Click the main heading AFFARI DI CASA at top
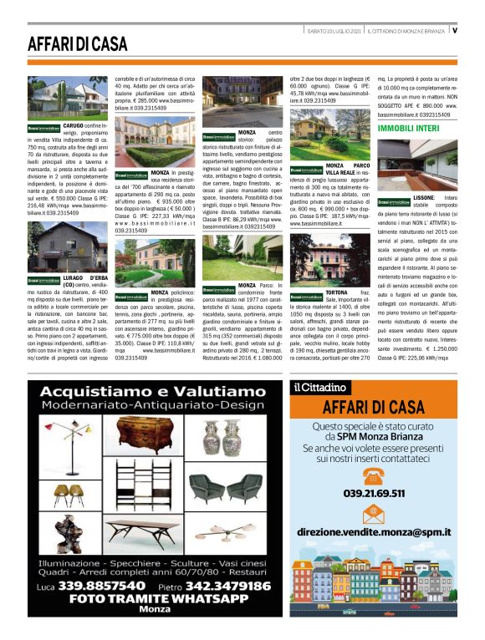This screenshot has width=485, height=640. [x=77, y=43]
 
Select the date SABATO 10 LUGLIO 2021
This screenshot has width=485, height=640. [x=332, y=31]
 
